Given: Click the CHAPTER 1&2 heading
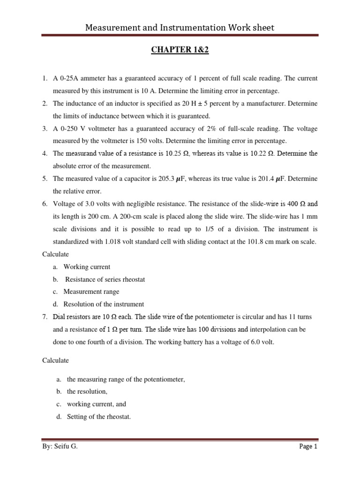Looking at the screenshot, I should pyautogui.click(x=180, y=50).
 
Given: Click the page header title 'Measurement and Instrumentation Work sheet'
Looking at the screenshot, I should pyautogui.click(x=180, y=28).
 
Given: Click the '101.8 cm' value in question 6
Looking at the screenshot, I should pyautogui.click(x=265, y=241).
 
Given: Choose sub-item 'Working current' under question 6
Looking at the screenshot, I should pyautogui.click(x=87, y=267).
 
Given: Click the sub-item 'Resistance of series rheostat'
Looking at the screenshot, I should pyautogui.click(x=105, y=279).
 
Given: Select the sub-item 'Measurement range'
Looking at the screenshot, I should pyautogui.click(x=91, y=292).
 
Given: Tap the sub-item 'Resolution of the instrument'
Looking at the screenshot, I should pyautogui.click(x=104, y=304).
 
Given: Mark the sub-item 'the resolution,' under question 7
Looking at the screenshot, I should pyautogui.click(x=87, y=391).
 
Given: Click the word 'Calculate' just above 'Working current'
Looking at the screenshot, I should pyautogui.click(x=56, y=254).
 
